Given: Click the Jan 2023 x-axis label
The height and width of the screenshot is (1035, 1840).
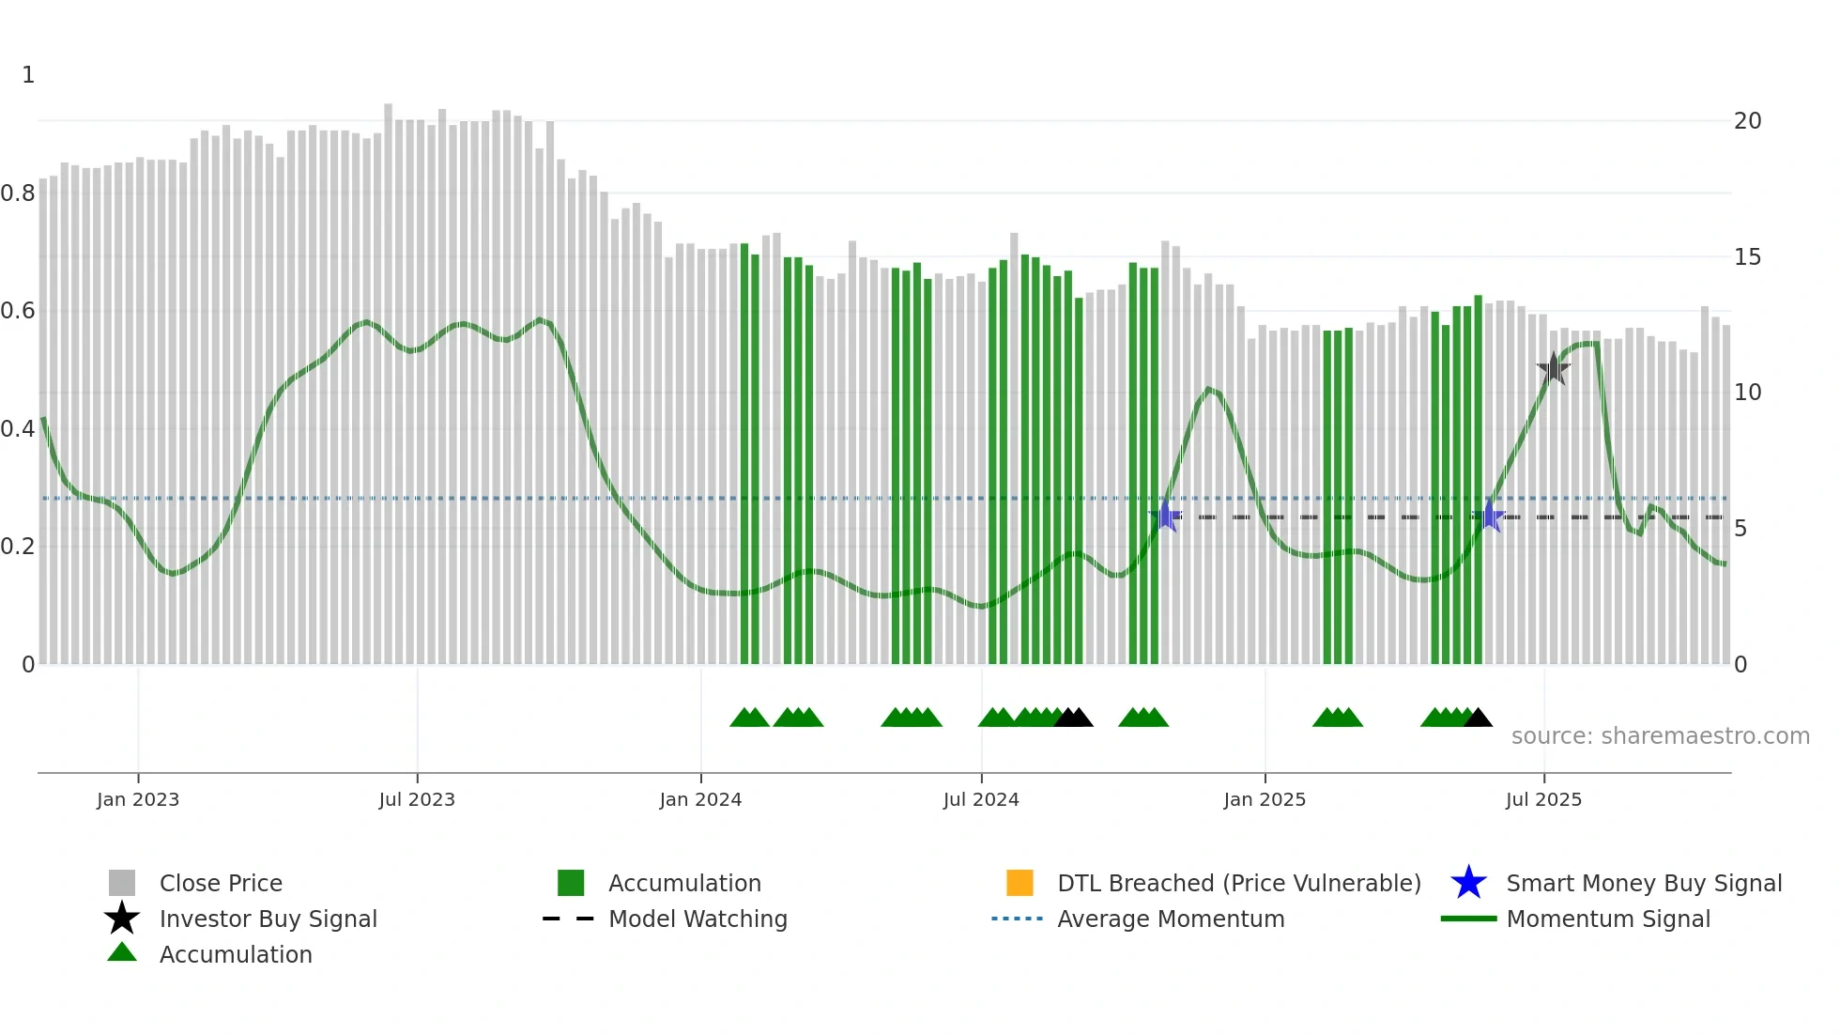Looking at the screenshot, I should [137, 799].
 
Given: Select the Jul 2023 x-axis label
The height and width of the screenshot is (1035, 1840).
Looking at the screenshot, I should [417, 799].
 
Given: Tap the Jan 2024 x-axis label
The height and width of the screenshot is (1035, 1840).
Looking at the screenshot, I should [700, 799].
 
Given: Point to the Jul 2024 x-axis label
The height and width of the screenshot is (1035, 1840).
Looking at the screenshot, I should [981, 799].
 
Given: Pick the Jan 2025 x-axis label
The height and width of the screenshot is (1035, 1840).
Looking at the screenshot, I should [1265, 799].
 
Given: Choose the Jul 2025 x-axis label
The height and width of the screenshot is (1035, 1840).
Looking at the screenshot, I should [1543, 799].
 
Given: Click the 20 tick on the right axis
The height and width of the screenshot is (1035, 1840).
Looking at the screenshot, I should [1747, 121].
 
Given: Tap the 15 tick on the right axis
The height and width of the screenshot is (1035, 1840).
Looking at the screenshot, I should [1747, 257].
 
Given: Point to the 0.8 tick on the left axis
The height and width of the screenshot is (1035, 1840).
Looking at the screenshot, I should [18, 193].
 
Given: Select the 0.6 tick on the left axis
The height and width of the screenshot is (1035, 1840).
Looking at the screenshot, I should [18, 311].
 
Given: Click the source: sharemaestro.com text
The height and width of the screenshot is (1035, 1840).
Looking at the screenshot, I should [1660, 736].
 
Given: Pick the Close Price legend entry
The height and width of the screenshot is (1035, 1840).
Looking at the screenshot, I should [221, 883].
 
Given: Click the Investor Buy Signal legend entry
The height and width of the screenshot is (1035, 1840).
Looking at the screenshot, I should [268, 919].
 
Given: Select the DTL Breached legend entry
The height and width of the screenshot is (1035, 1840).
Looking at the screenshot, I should [1238, 883].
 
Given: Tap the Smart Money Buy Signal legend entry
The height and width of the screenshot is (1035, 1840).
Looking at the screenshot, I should [1644, 883].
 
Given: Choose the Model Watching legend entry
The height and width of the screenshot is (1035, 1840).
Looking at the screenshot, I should [698, 919].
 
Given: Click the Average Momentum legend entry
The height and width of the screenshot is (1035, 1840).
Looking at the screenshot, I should [1171, 919].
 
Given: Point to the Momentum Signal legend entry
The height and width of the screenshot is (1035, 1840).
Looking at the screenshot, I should [1608, 919].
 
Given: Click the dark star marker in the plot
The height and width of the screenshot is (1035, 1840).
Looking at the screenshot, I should [1554, 368].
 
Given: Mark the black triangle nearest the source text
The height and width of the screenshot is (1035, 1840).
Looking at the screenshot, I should [1478, 718].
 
